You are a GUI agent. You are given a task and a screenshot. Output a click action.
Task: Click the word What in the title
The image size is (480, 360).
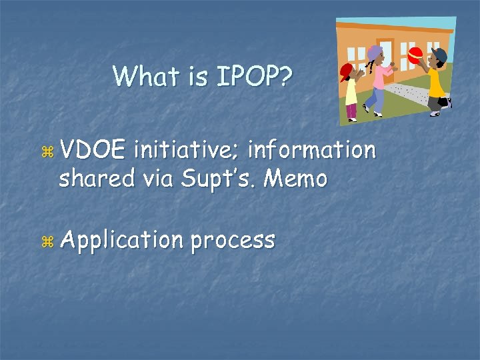click(x=139, y=76)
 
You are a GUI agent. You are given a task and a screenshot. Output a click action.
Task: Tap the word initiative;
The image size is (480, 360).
click(x=187, y=151)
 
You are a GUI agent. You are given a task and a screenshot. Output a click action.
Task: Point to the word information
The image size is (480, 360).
click(x=312, y=151)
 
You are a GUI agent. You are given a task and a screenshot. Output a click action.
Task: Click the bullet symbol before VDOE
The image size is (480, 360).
click(x=45, y=153)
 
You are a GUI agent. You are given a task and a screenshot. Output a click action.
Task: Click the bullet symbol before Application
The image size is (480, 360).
click(x=45, y=241)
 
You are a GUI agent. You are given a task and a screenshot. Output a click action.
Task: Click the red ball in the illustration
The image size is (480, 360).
click(x=415, y=55)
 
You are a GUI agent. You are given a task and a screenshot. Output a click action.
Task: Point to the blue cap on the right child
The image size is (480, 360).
click(x=439, y=53)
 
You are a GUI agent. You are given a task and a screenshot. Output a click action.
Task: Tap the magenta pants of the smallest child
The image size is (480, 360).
click(x=351, y=112)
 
